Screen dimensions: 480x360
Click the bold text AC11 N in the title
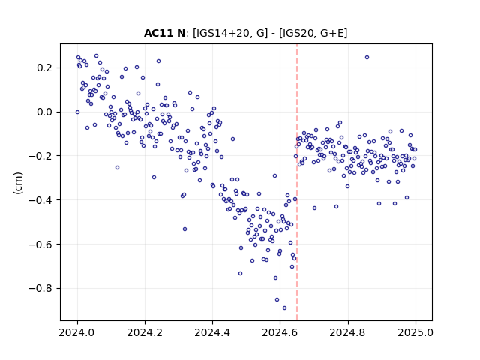pyautogui.click(x=165, y=33)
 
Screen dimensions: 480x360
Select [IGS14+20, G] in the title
pyautogui.click(x=230, y=33)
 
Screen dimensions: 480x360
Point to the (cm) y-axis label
pyautogui.click(x=18, y=183)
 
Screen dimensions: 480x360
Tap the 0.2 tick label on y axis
pyautogui.click(x=44, y=67)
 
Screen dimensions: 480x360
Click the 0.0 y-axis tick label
pyautogui.click(x=44, y=112)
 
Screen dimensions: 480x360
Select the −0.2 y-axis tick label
pyautogui.click(x=40, y=156)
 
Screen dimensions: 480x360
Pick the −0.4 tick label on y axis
pyautogui.click(x=40, y=200)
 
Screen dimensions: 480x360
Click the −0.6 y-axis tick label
pyautogui.click(x=40, y=244)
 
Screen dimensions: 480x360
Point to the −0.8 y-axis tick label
pyautogui.click(x=40, y=288)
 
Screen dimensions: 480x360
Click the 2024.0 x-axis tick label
pyautogui.click(x=77, y=332)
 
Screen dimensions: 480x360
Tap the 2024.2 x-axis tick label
pyautogui.click(x=145, y=332)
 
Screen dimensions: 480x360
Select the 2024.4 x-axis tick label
pyautogui.click(x=212, y=332)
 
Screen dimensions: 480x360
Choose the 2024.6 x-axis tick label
pyautogui.click(x=280, y=332)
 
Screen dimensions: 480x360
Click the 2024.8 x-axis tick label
pyautogui.click(x=347, y=332)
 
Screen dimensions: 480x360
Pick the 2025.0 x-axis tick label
pyautogui.click(x=415, y=332)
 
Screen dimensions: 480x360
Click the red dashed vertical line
pyautogui.click(x=297, y=182)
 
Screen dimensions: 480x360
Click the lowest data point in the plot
pyautogui.click(x=284, y=308)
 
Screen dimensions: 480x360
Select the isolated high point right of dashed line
pyautogui.click(x=367, y=58)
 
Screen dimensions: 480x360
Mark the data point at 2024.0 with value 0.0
pyautogui.click(x=77, y=112)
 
